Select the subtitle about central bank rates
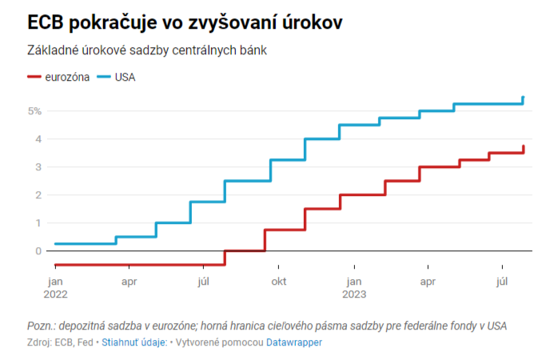pyautogui.click(x=146, y=50)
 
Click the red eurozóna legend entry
pyautogui.click(x=56, y=77)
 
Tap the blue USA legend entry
pyautogui.click(x=115, y=77)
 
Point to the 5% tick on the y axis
pyautogui.click(x=34, y=111)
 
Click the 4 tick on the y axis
pyautogui.click(x=37, y=139)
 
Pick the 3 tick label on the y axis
pyautogui.click(x=37, y=167)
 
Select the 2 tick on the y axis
pyautogui.click(x=37, y=195)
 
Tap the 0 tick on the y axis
pyautogui.click(x=37, y=251)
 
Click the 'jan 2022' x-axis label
pyautogui.click(x=55, y=287)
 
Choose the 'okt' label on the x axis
pyautogui.click(x=278, y=282)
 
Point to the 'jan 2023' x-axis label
pyautogui.click(x=354, y=287)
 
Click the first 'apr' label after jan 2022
pyautogui.click(x=128, y=282)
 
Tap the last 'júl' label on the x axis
pyautogui.click(x=502, y=282)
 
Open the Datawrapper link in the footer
pyautogui.click(x=293, y=342)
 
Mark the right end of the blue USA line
pyautogui.click(x=523, y=98)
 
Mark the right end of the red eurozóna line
pyautogui.click(x=523, y=146)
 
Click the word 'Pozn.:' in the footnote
pyautogui.click(x=42, y=326)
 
